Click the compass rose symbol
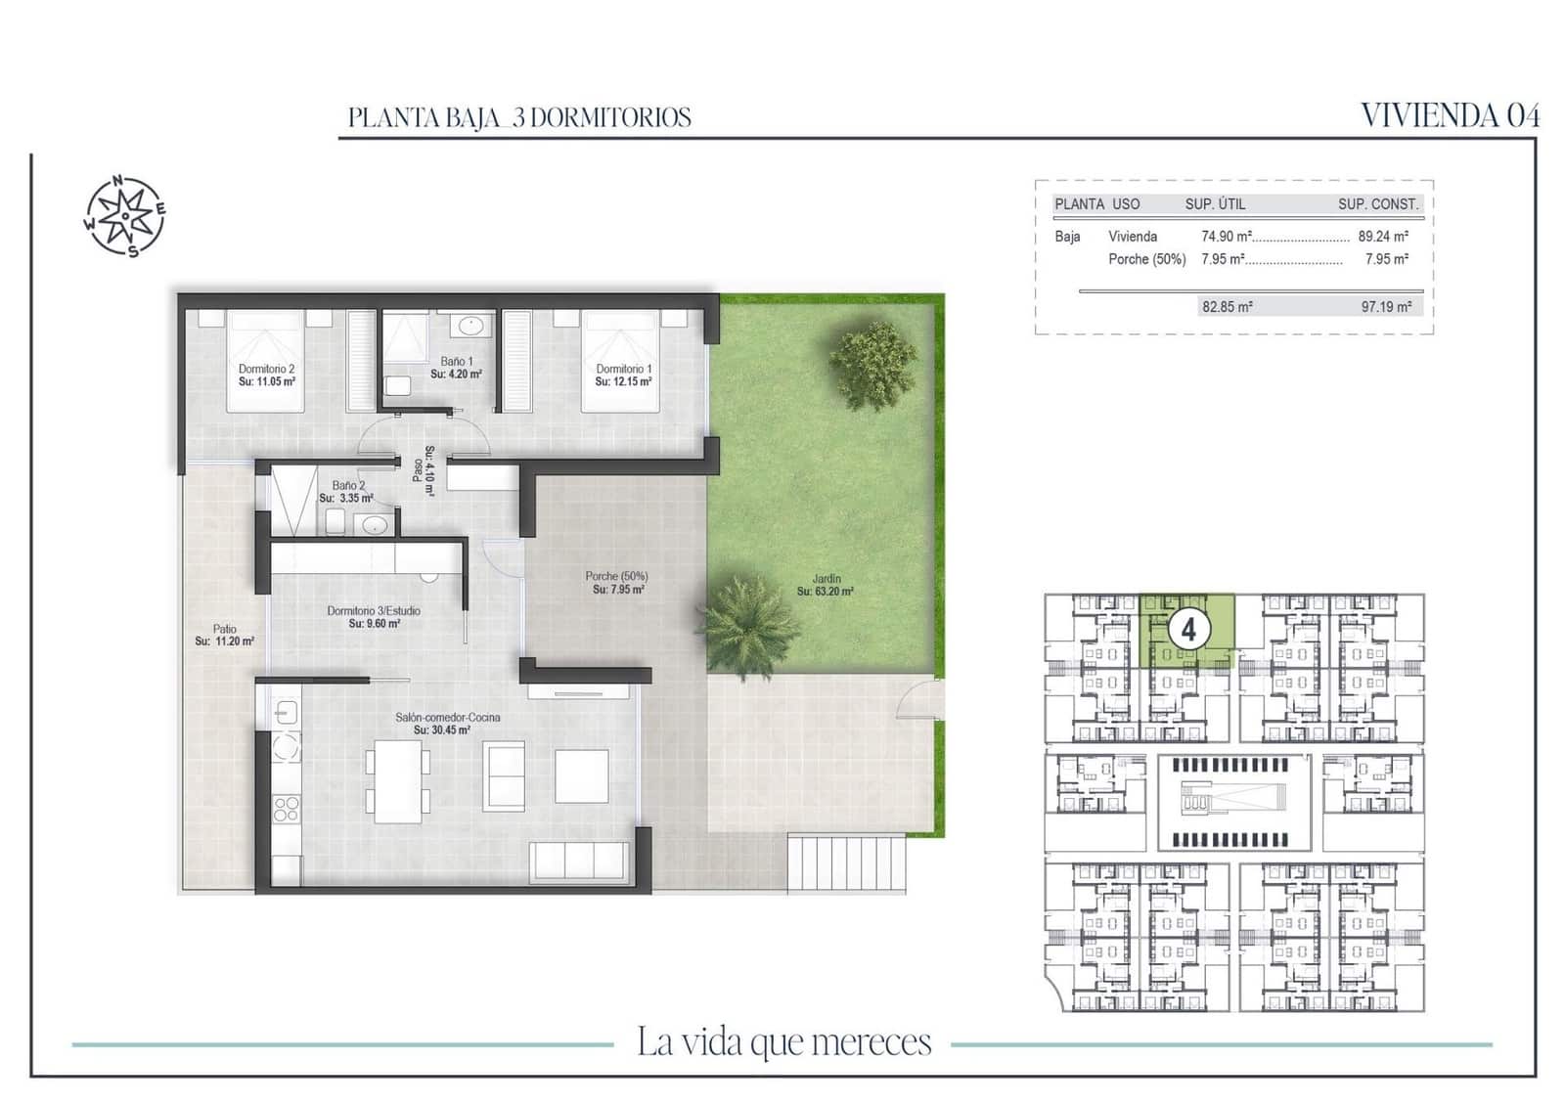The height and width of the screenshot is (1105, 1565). [x=124, y=216]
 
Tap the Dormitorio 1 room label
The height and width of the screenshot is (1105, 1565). [x=623, y=376]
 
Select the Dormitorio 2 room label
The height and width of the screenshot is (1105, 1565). [x=266, y=376]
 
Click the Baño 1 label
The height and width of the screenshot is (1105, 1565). [x=456, y=368]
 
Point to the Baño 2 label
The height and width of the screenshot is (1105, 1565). [x=347, y=492]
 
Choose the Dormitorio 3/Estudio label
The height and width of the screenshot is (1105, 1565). [x=374, y=617]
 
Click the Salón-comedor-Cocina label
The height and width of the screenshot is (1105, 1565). [x=447, y=724]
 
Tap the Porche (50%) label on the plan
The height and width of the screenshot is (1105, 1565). [x=617, y=583]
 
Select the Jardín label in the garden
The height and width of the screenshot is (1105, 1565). [x=825, y=585]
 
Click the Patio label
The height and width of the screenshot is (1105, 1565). [x=224, y=636]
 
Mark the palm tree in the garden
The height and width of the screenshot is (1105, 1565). [x=747, y=624]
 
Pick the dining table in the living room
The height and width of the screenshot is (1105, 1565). [x=397, y=780]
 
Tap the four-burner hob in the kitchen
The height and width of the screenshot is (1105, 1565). [x=287, y=808]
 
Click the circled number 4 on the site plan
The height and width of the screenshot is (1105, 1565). [x=1188, y=629]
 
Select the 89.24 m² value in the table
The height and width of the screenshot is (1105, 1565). [x=1383, y=237]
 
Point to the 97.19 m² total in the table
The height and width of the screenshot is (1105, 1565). [x=1386, y=307]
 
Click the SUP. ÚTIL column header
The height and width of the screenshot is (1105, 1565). [x=1215, y=204]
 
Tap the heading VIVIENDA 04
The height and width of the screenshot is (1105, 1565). [x=1450, y=115]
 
